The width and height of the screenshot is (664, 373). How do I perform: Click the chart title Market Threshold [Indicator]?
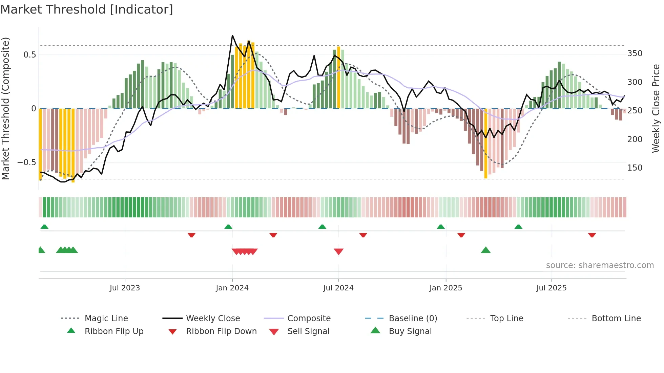coord(87,9)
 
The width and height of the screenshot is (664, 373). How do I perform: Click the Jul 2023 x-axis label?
coord(125,288)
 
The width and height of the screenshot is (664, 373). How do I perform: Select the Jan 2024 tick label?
coord(232,288)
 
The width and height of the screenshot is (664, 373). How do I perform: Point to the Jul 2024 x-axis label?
coord(338,288)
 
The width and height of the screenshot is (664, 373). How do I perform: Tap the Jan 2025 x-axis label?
coord(445,288)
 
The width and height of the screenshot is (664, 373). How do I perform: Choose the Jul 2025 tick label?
coord(551,288)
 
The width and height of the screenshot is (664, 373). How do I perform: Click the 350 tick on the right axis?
coord(635,53)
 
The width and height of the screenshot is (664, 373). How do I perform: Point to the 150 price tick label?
coord(635,168)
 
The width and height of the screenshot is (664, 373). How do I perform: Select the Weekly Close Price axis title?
coord(656,108)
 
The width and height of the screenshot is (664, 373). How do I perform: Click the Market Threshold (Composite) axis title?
coord(5,108)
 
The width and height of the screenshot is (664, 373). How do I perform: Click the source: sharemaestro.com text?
coord(600,265)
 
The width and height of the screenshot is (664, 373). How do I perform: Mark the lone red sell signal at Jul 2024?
coord(338,251)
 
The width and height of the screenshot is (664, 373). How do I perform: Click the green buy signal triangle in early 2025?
coord(485,250)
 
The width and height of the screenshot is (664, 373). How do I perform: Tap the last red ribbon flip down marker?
coord(592,235)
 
